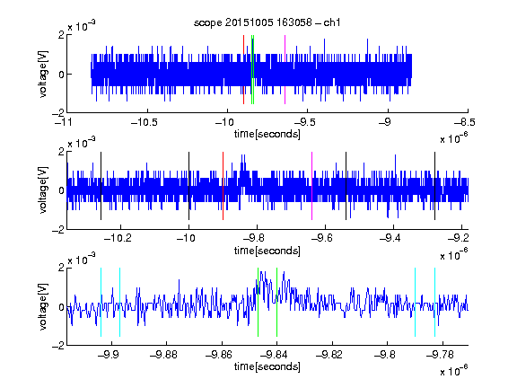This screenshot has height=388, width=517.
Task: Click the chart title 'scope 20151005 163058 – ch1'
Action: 267,22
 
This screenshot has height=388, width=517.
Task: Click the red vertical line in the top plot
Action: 243,70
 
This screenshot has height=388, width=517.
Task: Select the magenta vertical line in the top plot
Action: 285,70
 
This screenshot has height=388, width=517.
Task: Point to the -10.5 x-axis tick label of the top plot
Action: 145,122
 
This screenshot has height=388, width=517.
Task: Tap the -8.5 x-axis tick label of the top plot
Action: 465,122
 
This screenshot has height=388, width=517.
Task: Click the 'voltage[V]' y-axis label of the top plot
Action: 43,74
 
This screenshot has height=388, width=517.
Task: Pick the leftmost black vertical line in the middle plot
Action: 101,186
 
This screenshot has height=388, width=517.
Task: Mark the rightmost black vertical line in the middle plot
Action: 435,186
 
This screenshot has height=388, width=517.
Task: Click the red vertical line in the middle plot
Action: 223,186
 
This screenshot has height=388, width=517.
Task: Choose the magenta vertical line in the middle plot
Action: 312,186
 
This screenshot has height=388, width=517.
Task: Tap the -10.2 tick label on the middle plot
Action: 118,238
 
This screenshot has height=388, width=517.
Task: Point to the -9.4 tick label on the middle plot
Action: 390,238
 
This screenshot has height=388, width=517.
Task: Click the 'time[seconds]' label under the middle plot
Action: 267,251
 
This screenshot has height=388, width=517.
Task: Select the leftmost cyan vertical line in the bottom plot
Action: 101,302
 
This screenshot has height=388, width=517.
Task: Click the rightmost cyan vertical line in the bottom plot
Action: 435,302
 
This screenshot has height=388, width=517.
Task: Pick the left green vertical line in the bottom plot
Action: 258,302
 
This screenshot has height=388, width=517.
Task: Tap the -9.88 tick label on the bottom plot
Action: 163,355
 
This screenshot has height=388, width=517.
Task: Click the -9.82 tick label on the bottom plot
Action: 329,355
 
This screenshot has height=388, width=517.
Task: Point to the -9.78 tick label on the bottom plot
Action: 440,355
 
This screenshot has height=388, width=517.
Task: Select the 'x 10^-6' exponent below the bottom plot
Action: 454,370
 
